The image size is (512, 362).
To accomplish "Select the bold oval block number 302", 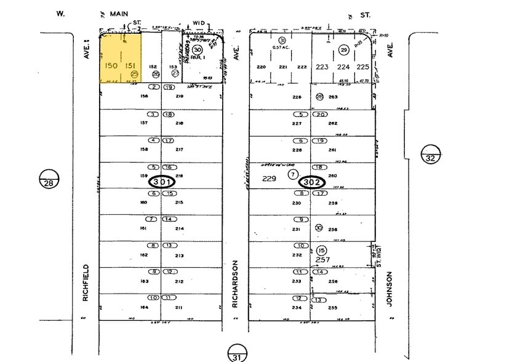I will click(312, 182).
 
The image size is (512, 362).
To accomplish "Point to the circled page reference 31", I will click(236, 354).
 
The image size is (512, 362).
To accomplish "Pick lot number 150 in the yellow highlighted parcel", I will click(111, 66).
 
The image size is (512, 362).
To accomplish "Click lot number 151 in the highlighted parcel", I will click(130, 66).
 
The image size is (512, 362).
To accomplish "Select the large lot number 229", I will click(270, 179).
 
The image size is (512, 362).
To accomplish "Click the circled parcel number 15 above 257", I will click(322, 250).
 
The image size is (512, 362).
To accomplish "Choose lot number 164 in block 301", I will click(127, 307).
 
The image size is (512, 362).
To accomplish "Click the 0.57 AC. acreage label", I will click(280, 47).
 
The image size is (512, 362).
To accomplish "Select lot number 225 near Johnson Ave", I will click(362, 66).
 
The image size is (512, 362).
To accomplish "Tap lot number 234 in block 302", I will click(297, 307).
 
